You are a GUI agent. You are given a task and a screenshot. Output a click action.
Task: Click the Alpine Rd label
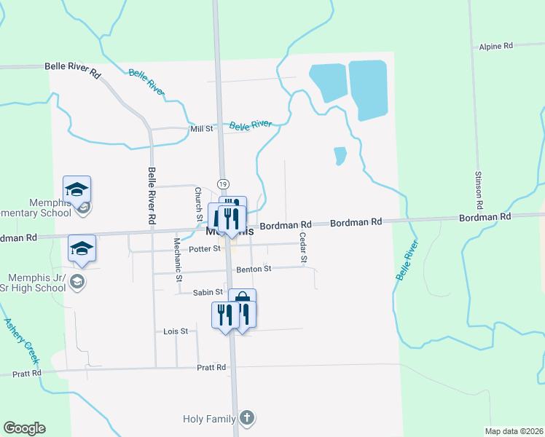(496, 46)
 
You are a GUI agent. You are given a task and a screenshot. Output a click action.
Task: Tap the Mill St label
(201, 129)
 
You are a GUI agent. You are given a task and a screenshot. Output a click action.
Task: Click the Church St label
(198, 204)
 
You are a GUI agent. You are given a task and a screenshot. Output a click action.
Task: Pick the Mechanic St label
(178, 258)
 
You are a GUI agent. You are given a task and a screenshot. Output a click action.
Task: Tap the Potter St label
(204, 249)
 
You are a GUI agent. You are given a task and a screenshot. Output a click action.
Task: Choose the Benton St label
(254, 269)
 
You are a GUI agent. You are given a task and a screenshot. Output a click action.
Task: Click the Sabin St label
(208, 292)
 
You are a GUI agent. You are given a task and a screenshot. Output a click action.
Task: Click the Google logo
(24, 428)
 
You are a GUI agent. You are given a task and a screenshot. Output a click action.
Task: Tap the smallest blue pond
(340, 156)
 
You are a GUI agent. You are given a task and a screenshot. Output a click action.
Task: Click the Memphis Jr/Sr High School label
(36, 283)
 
